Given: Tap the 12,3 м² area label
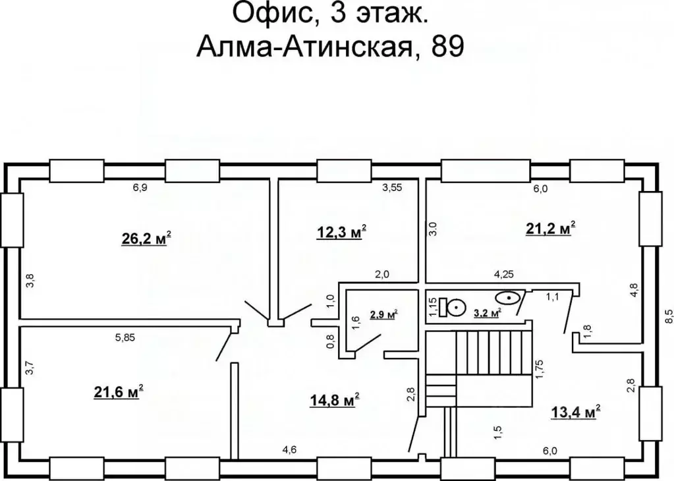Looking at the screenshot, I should (341, 232).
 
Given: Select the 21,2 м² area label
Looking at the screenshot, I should (551, 229).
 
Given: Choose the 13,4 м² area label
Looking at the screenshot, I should (574, 412).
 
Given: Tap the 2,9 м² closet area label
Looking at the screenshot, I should (383, 315).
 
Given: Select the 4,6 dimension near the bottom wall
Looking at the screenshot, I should (290, 450).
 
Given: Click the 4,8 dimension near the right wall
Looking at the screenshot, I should (634, 290).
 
